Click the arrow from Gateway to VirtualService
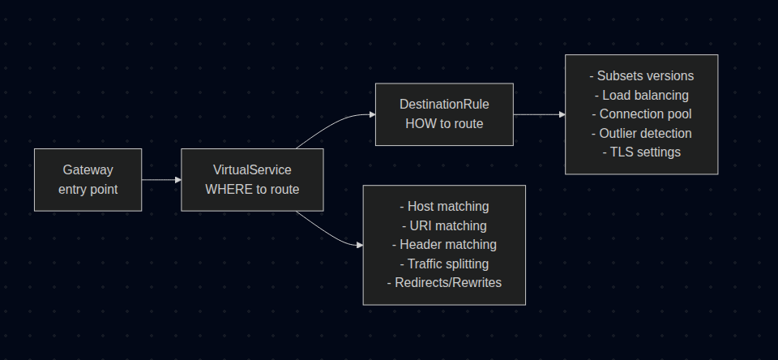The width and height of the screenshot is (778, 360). [161, 179]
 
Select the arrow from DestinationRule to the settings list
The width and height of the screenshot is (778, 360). [539, 114]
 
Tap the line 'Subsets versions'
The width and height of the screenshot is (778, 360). [641, 76]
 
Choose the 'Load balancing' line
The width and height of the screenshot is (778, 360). [641, 95]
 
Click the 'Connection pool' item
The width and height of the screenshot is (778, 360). [641, 114]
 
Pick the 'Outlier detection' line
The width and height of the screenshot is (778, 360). [641, 133]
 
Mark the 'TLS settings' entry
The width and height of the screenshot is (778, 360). [641, 152]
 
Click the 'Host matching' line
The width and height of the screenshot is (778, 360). [444, 207]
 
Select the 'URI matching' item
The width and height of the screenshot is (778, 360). [444, 225]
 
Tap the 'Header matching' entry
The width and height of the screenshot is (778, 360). [444, 244]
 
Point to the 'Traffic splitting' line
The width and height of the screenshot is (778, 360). [444, 264]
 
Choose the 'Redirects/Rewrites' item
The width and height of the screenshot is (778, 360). [444, 282]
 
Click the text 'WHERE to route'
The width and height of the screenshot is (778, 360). [252, 189]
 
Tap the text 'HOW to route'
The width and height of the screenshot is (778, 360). [444, 123]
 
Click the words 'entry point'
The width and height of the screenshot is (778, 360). [88, 189]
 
